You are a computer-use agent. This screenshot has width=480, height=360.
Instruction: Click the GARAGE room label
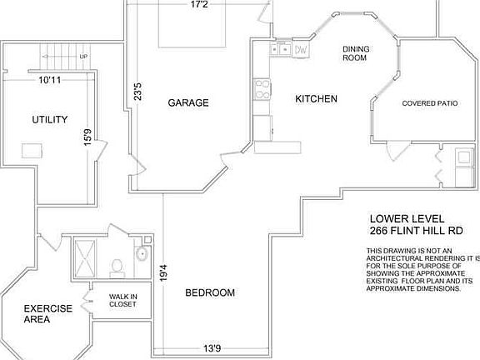tap(188, 103)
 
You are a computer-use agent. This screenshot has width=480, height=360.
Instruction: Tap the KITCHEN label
tap(317, 99)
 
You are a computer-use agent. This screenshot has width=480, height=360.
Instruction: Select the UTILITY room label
tap(50, 120)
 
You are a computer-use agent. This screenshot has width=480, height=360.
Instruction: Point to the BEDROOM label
tap(209, 292)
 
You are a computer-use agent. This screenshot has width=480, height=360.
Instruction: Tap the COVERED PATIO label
tap(429, 103)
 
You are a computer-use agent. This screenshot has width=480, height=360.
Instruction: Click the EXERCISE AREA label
tap(47, 313)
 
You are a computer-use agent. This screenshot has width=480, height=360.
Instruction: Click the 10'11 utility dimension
tap(50, 81)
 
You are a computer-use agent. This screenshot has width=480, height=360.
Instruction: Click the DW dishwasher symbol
tap(301, 50)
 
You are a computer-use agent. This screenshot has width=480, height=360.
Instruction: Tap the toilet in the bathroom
tap(117, 265)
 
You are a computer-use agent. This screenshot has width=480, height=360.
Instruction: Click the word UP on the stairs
tap(83, 57)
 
